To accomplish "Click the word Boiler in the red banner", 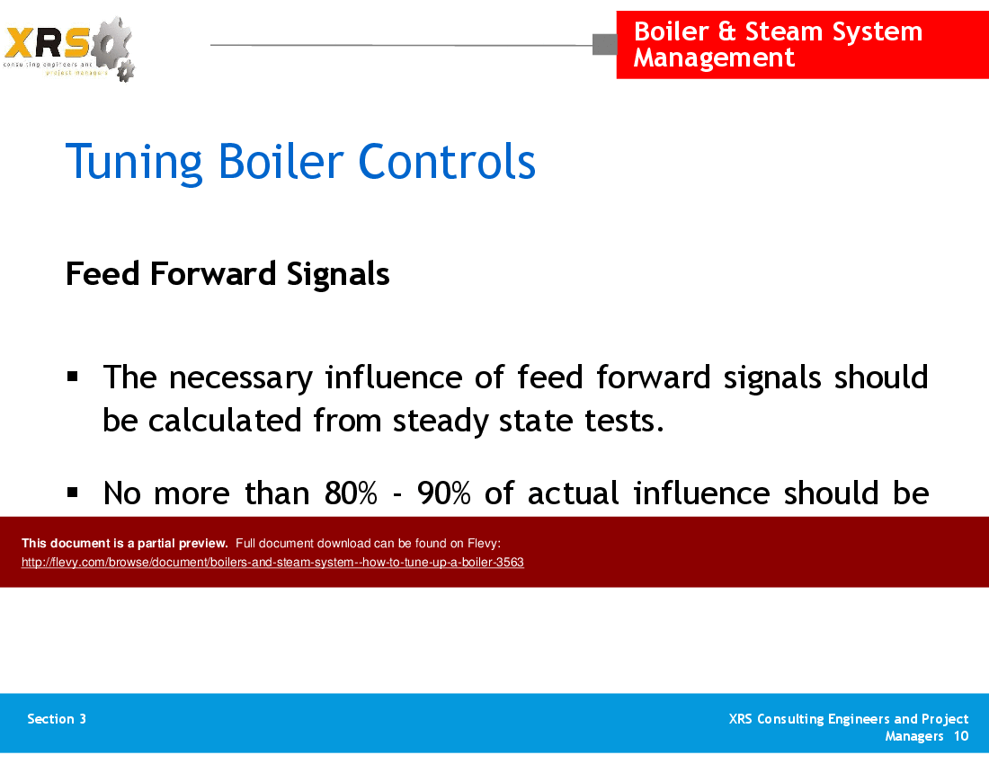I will pos(671,31).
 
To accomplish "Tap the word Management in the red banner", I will pos(714,58).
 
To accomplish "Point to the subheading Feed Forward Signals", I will pos(227,273).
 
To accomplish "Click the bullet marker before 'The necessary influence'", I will pos(74,375).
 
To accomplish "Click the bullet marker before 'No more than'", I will pos(74,492).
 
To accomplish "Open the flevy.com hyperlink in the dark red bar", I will pos(272,563).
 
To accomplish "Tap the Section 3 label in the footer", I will pos(57,719).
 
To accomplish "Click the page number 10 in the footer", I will pos(961,736).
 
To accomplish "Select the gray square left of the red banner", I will pos(604,44).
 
